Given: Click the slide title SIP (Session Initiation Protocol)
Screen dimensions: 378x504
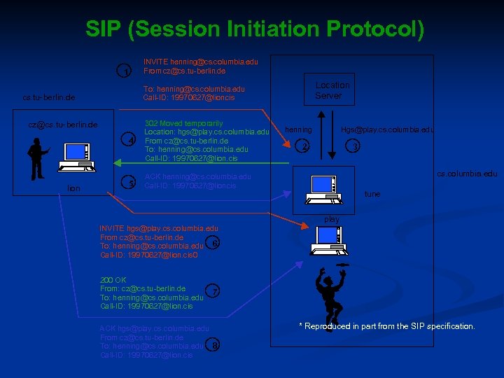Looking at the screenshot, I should point(254,29).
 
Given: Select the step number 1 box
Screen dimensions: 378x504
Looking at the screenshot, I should point(125,71).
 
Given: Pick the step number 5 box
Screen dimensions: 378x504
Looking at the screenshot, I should point(130,183).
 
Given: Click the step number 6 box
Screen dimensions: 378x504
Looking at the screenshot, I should point(215,243).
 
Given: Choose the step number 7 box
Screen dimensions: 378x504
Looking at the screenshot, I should point(215,290).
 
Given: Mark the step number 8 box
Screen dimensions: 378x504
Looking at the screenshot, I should point(215,344).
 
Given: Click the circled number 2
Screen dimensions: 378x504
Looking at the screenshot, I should point(304,146).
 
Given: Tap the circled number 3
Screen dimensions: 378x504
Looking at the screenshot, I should point(356,146).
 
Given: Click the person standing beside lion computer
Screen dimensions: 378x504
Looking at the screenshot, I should point(36,158).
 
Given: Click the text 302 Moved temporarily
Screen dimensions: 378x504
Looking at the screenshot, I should point(183,123).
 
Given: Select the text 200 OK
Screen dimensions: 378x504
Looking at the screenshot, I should point(112,279).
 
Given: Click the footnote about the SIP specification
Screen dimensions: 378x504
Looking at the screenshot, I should point(386,326).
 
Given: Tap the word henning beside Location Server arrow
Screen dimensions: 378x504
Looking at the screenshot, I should point(298,129).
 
